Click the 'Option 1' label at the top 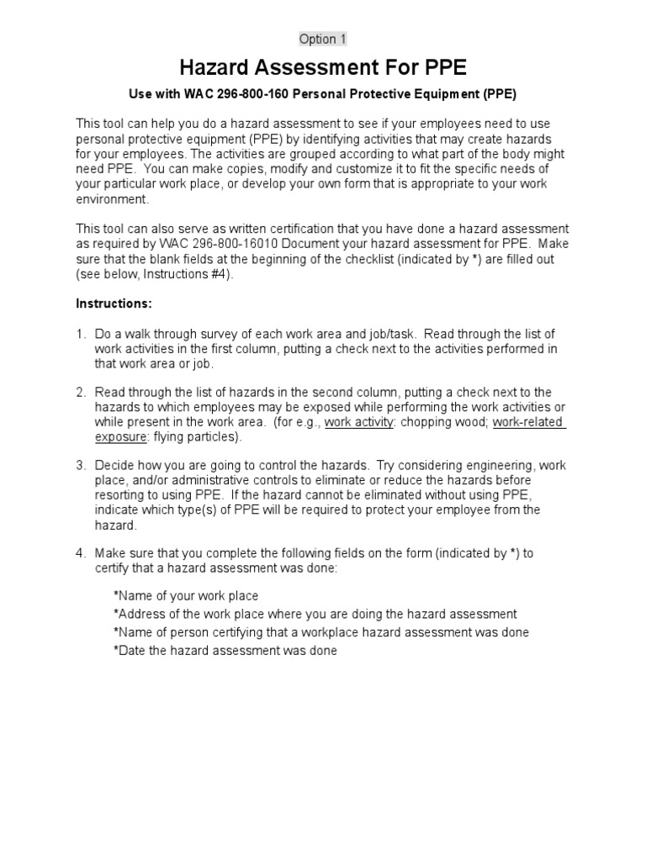click(323, 40)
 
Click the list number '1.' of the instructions click(82, 334)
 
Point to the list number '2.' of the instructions click(82, 392)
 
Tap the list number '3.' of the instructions click(82, 464)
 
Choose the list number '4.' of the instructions click(82, 553)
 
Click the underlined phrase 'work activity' click(359, 422)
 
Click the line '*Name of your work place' click(185, 596)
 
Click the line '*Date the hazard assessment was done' click(225, 651)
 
